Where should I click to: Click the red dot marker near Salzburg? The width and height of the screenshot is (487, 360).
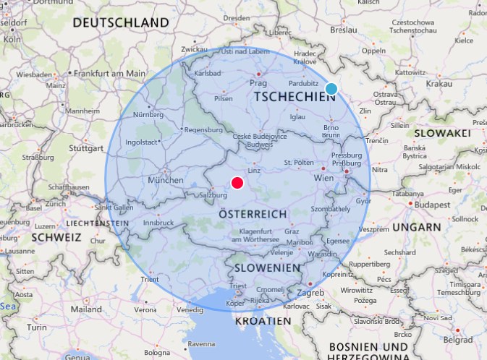point(237,183)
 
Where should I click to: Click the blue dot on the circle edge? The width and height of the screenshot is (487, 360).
point(331,89)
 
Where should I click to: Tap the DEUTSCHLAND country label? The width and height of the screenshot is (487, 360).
point(120,23)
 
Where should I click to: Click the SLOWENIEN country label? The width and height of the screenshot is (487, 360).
point(267,267)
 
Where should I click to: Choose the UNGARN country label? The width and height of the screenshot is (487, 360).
point(417,227)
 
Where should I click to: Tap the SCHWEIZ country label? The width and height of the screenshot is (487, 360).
point(51,237)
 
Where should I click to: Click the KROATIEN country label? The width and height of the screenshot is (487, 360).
point(258,320)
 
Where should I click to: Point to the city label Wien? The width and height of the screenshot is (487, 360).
point(323,178)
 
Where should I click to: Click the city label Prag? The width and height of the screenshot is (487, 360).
point(258,84)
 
